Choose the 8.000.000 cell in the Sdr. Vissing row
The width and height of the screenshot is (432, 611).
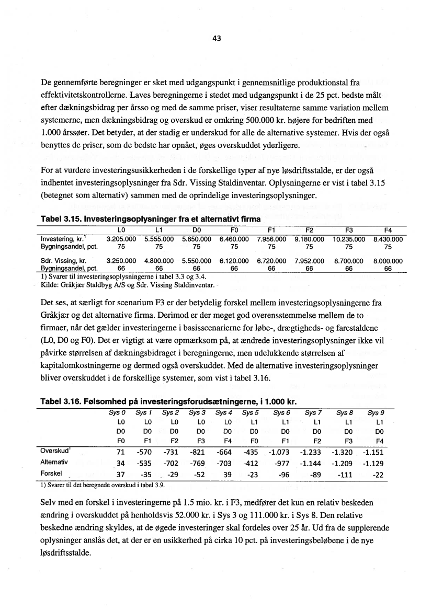point(388,260)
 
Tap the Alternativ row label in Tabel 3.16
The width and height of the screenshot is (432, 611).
point(54,463)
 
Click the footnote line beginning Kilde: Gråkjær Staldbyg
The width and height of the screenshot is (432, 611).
point(128,286)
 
